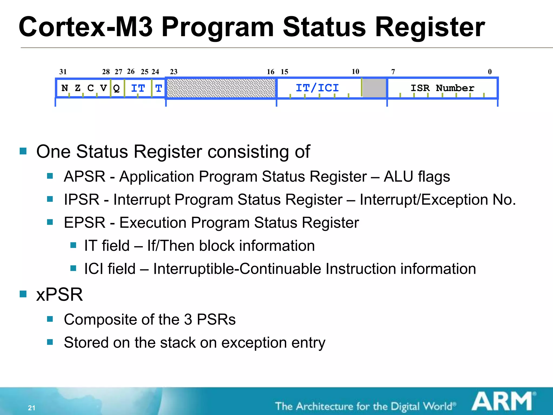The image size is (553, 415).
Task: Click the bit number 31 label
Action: point(63,72)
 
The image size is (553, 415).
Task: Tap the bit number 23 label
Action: point(174,72)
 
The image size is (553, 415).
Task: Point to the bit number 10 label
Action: point(355,72)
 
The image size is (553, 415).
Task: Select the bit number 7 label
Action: point(393,72)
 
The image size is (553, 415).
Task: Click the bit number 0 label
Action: point(490,72)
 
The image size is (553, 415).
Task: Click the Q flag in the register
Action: point(116,88)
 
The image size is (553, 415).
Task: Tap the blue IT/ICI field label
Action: point(317,88)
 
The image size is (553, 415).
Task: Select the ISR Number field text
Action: point(442,88)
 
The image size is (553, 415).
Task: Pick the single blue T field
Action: point(159,88)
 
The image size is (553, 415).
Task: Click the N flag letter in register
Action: point(65,88)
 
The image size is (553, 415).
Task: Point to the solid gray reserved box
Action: point(374,88)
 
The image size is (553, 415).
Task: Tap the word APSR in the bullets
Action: point(85,177)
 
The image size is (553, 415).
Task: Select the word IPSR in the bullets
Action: point(82,200)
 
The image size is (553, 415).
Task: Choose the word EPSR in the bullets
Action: point(85,223)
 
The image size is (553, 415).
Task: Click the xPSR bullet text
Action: point(59,294)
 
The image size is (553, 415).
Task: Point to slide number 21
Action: point(32,408)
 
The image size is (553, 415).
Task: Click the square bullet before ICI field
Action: point(73,268)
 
